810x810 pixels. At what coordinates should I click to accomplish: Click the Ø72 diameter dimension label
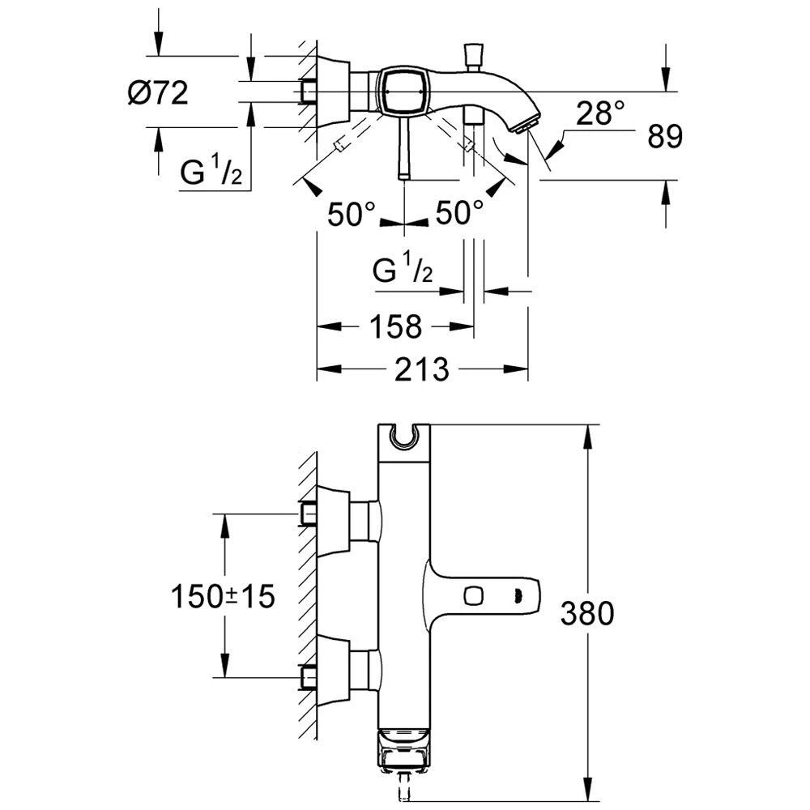click(158, 93)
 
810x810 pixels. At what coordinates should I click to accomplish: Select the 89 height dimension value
click(665, 136)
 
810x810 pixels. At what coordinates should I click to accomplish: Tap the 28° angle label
click(600, 113)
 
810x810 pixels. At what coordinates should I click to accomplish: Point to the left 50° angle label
click(352, 213)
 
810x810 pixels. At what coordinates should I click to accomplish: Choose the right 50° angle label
click(460, 212)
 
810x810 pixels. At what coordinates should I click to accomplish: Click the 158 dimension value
click(396, 327)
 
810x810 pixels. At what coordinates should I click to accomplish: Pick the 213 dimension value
click(422, 369)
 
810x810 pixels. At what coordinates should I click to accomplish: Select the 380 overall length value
click(587, 614)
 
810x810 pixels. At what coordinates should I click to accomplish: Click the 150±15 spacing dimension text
click(223, 596)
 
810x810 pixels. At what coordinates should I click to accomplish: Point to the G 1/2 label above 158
click(403, 267)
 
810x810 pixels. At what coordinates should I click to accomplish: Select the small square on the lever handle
click(473, 596)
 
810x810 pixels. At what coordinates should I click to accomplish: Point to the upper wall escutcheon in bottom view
click(334, 522)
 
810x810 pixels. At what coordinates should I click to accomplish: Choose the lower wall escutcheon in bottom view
click(334, 671)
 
